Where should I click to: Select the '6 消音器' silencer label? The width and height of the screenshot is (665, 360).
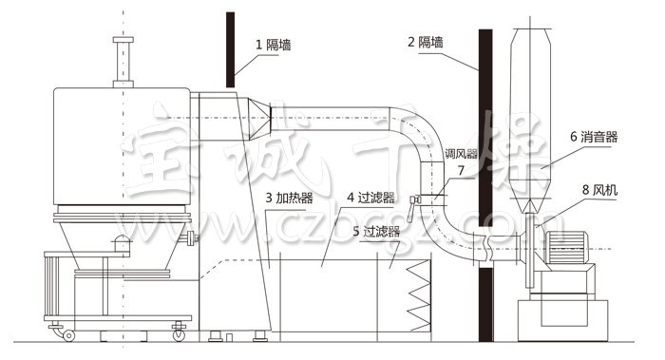594,137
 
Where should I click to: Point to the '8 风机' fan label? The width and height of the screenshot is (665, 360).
598,191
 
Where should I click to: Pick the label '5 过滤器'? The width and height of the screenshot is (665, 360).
374,230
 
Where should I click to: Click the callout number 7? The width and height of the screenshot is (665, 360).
461,171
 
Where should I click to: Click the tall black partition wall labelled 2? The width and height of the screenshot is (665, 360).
484,190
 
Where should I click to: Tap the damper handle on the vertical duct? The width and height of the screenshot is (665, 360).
415,199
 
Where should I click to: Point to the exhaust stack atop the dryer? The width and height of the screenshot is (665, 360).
121,62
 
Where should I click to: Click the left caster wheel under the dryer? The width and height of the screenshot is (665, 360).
67,333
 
